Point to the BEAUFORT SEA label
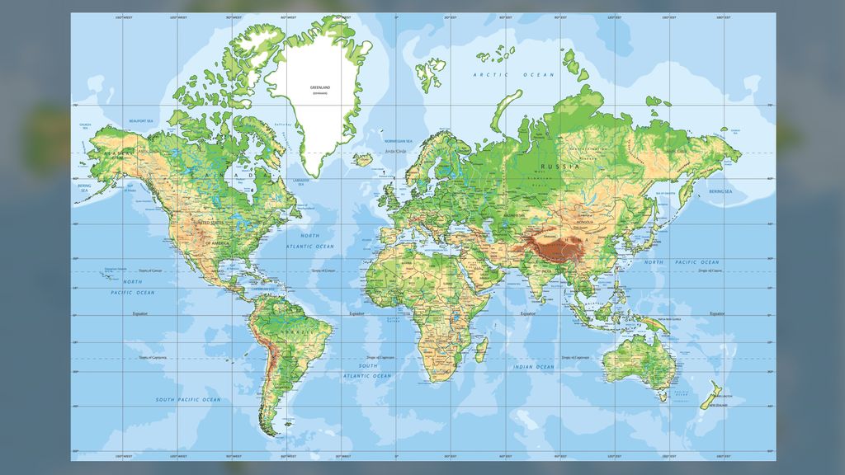pos(142,122)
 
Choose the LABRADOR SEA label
pos(300,181)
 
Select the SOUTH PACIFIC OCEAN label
pos(188,400)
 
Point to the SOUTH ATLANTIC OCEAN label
pos(368,370)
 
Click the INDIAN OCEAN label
pos(533,367)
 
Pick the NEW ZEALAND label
pos(715,405)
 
